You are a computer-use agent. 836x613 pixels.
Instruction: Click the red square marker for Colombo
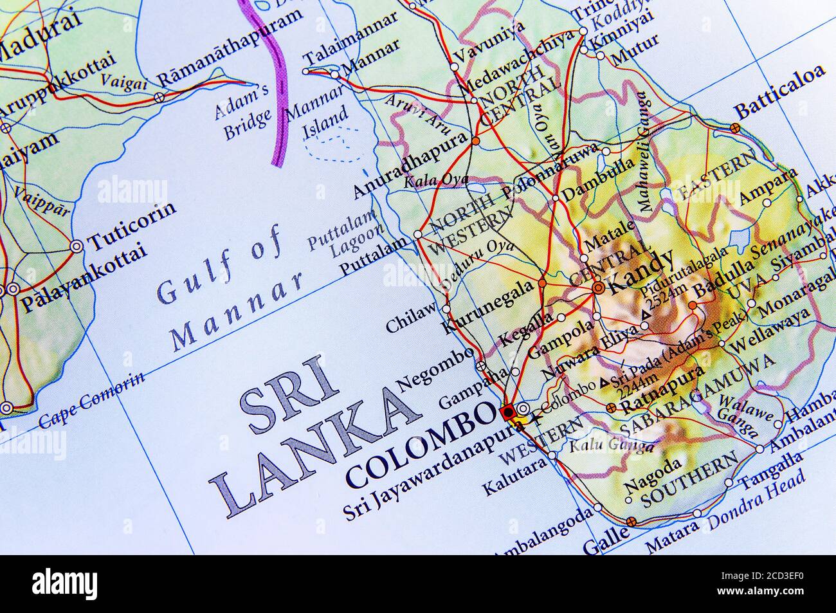click(x=507, y=410)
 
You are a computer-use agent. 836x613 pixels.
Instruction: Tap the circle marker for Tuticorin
click(x=76, y=246)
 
